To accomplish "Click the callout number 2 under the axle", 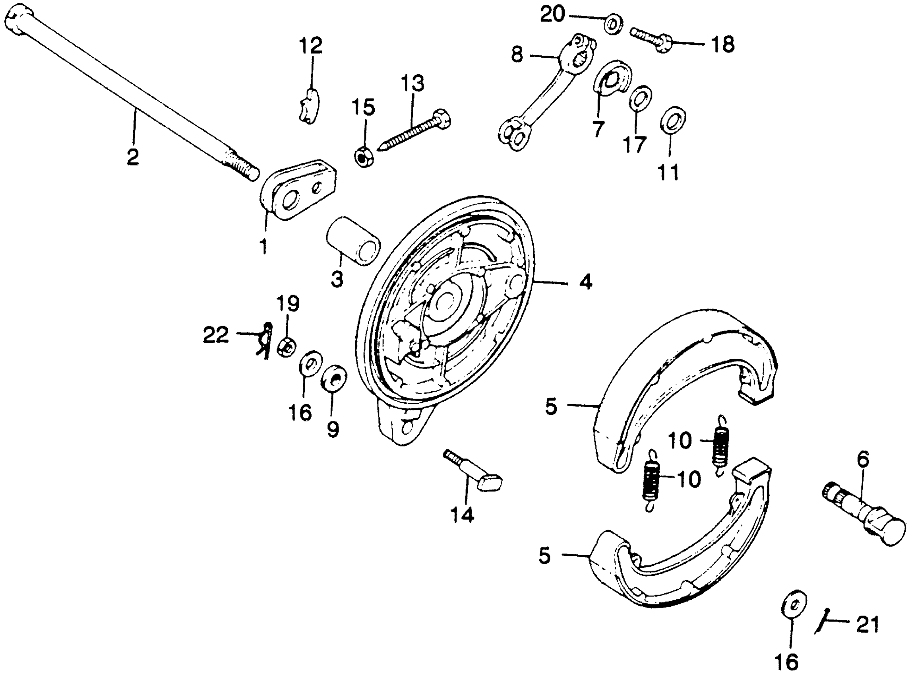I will pyautogui.click(x=132, y=157).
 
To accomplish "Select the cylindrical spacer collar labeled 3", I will pyautogui.click(x=353, y=241).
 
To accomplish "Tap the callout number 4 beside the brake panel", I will pyautogui.click(x=586, y=282).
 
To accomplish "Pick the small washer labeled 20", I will pyautogui.click(x=614, y=24).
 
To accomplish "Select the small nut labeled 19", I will pyautogui.click(x=287, y=348).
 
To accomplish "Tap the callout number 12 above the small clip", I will pyautogui.click(x=311, y=45).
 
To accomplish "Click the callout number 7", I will pyautogui.click(x=598, y=128).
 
